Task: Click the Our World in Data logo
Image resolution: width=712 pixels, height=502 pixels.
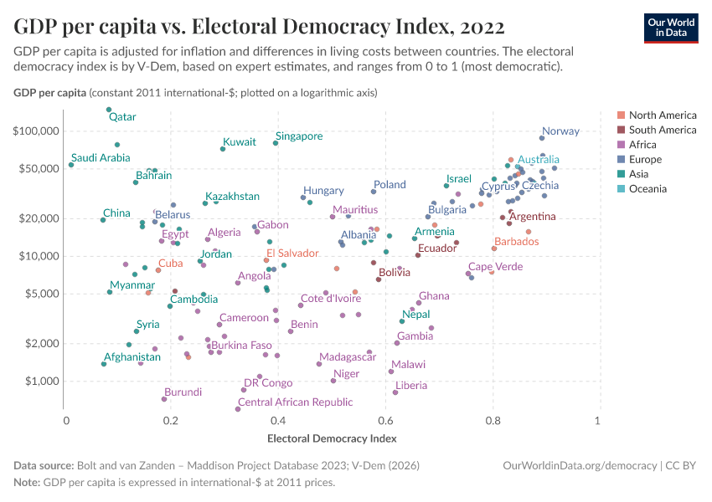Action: pos(671,28)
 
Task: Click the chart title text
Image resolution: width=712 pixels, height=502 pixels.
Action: pos(259,26)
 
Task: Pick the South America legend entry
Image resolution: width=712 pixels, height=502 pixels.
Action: pos(662,130)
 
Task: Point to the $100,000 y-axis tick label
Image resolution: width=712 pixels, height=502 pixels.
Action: pos(37,131)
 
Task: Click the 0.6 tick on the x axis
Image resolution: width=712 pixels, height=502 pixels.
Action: pos(386,420)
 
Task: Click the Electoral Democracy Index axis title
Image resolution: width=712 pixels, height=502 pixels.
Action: pos(331,438)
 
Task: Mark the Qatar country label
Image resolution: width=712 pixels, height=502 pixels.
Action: pos(122,117)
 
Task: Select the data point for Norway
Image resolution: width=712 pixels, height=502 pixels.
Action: pos(542,138)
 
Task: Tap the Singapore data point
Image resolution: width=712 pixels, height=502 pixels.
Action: pos(276,143)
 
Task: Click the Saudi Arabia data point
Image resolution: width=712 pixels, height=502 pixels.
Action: pos(71,165)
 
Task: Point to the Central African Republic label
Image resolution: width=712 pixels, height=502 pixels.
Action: pos(296,402)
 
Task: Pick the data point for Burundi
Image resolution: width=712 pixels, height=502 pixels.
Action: pos(164,399)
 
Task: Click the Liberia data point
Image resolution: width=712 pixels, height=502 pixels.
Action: pos(395,392)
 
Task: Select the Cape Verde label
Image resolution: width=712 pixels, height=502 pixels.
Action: pos(495,267)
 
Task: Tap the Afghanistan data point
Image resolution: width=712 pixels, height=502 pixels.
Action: pos(104,364)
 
